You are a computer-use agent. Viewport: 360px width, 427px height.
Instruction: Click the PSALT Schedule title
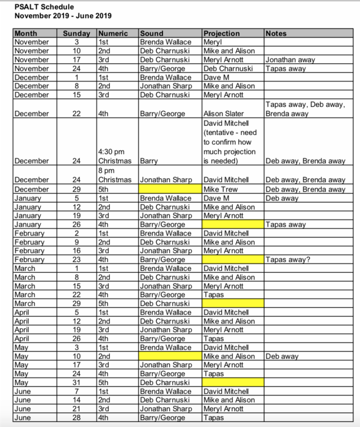[44, 7]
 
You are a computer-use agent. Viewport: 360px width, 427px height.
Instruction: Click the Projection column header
[221, 34]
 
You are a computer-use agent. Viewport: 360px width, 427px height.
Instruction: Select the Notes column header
[277, 34]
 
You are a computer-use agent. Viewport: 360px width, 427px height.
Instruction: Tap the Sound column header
[152, 34]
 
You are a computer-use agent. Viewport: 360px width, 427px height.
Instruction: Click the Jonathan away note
[290, 60]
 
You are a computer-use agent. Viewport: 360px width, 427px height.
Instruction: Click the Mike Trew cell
[221, 189]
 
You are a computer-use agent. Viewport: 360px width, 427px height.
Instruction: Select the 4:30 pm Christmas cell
[114, 157]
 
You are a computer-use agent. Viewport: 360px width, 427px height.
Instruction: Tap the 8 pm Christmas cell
[114, 175]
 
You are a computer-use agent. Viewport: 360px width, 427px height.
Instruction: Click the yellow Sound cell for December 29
[170, 189]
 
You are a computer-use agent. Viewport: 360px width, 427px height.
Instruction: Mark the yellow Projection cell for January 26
[233, 224]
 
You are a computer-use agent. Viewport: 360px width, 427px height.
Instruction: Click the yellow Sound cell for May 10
[170, 356]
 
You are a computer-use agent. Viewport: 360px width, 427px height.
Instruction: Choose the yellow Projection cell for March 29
[233, 303]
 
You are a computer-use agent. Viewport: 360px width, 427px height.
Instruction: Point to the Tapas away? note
[288, 260]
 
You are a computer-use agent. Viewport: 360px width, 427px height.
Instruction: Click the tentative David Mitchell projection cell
[230, 140]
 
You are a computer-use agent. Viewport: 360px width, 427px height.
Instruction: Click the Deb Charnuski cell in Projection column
[228, 69]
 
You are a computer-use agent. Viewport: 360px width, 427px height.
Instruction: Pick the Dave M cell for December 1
[216, 77]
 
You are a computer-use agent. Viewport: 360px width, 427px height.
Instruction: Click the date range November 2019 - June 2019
[63, 16]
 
